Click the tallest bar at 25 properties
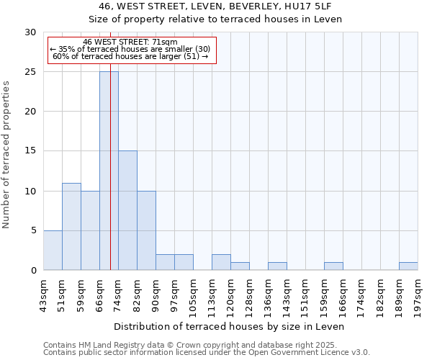point(109,171)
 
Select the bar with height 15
point(127,210)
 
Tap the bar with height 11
point(71,226)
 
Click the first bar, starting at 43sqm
point(53,250)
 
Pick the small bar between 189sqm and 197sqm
point(408,266)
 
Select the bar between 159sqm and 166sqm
point(333,266)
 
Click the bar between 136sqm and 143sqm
point(277,266)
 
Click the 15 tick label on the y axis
point(30,151)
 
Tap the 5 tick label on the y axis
point(33,230)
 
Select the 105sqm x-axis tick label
point(194,294)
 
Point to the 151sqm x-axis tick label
point(306,294)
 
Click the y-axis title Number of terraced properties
point(7,154)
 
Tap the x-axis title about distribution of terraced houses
point(230,326)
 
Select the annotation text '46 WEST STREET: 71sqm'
point(130,42)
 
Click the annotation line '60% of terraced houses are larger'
point(130,56)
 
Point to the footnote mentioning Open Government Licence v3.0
point(207,353)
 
